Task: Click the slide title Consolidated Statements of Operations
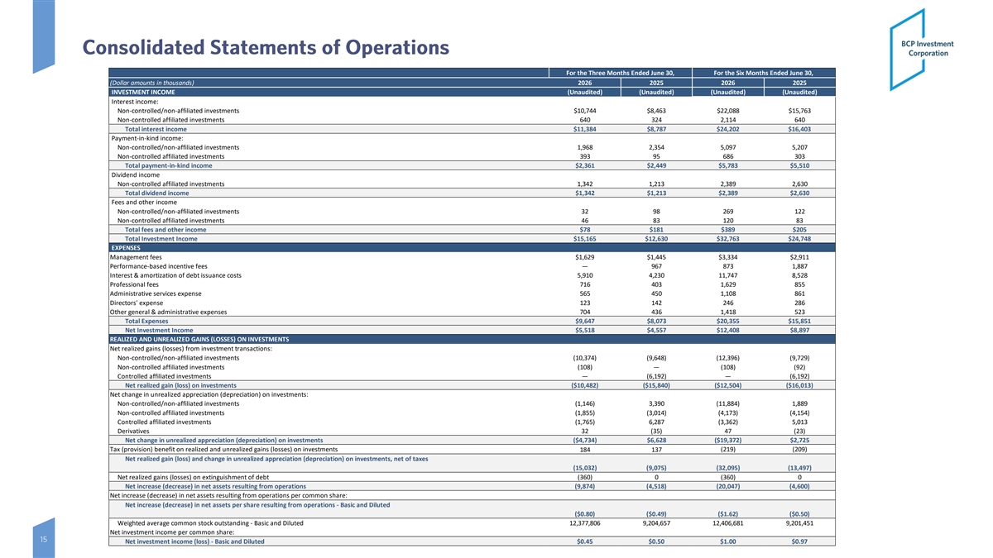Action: pyautogui.click(x=266, y=47)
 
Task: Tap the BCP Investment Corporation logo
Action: pyautogui.click(x=922, y=49)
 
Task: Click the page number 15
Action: pyautogui.click(x=43, y=539)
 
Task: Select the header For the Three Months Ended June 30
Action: pyautogui.click(x=620, y=73)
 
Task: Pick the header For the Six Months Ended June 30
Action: pyautogui.click(x=763, y=73)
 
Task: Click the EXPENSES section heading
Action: pyautogui.click(x=126, y=248)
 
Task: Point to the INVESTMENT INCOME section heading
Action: pyautogui.click(x=142, y=92)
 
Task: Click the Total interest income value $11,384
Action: pyautogui.click(x=585, y=129)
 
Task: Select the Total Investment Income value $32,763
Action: pyautogui.click(x=728, y=239)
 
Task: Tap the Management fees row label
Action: pyautogui.click(x=136, y=257)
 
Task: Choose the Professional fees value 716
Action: pyautogui.click(x=585, y=284)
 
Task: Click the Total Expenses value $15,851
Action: pyautogui.click(x=799, y=321)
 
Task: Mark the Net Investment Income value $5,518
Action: pyautogui.click(x=585, y=331)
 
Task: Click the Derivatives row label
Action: pyautogui.click(x=133, y=432)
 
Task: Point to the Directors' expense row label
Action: pyautogui.click(x=137, y=303)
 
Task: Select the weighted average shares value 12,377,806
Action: pyautogui.click(x=585, y=523)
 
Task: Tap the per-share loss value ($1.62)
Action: pyautogui.click(x=728, y=514)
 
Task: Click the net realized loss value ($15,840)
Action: pyautogui.click(x=656, y=385)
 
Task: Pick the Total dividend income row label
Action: pyautogui.click(x=157, y=193)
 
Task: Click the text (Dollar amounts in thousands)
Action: pyautogui.click(x=152, y=83)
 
